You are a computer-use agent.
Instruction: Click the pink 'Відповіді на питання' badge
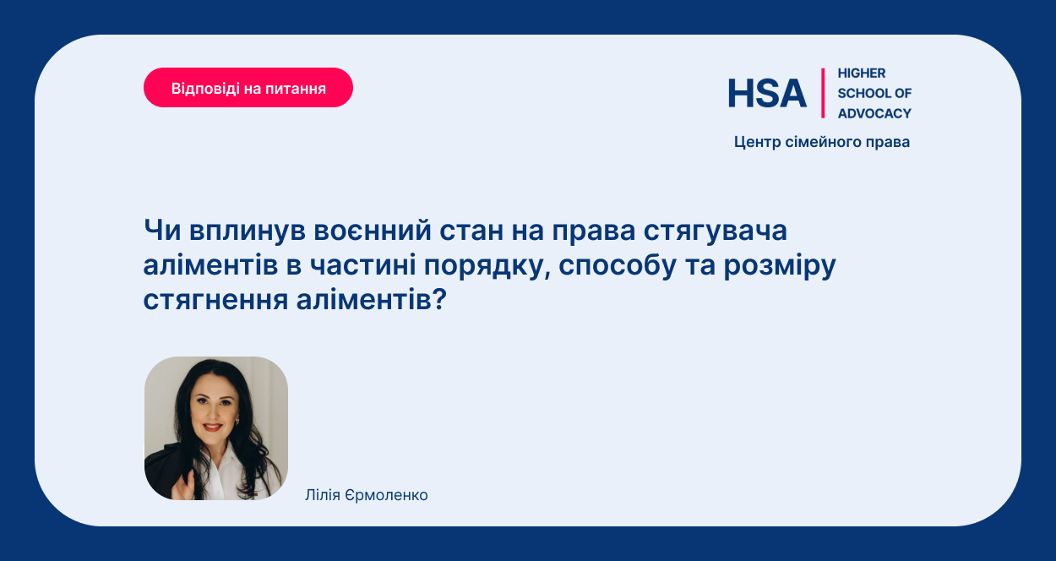[248, 88]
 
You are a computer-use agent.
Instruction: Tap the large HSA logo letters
[767, 93]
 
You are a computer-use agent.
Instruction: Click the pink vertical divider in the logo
[823, 93]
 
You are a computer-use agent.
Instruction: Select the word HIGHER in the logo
[862, 73]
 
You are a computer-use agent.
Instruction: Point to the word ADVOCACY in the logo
[874, 113]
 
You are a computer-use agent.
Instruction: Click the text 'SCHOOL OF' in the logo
[874, 93]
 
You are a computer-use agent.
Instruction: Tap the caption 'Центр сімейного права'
[822, 142]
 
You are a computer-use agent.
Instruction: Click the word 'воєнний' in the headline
[373, 231]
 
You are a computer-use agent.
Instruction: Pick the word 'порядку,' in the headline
[487, 266]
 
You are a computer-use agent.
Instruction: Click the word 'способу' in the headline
[618, 265]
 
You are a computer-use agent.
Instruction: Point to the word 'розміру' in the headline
[780, 266]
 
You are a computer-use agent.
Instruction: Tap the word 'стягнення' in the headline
[215, 300]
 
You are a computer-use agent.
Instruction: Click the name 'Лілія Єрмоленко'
[367, 495]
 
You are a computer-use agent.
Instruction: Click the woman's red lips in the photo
[213, 428]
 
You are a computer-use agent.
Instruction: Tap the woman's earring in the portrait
[237, 421]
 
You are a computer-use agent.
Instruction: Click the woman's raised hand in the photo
[184, 487]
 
